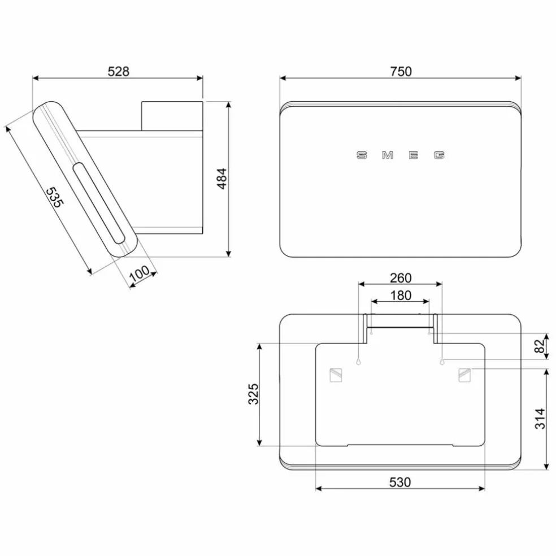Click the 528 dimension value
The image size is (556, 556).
[x=119, y=72]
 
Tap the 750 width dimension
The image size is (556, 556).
[x=401, y=72]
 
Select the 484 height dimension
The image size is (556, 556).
[x=221, y=179]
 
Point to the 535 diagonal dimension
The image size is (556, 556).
[x=55, y=197]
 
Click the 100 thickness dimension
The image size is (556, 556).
[x=140, y=273]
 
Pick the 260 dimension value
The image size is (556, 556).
[x=401, y=277]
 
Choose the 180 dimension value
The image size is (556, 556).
[x=401, y=296]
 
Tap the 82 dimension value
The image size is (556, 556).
[x=539, y=346]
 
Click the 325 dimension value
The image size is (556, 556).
[x=253, y=394]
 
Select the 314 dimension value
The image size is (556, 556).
[x=540, y=419]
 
